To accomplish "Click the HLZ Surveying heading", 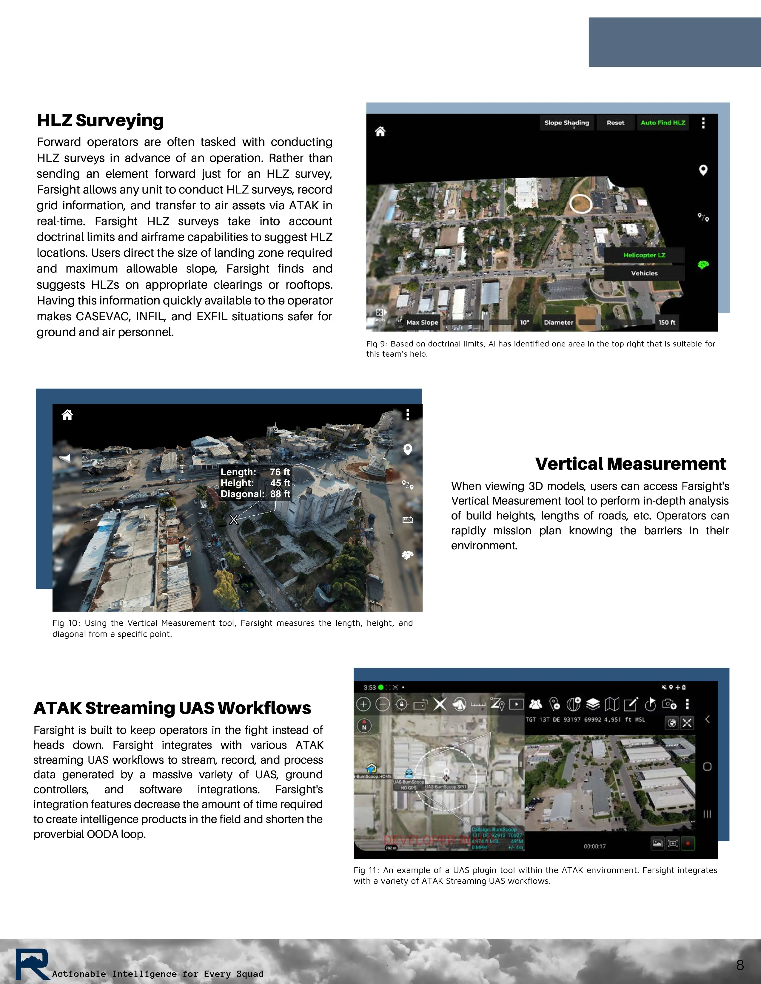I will (x=100, y=120).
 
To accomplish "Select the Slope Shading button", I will (x=567, y=123).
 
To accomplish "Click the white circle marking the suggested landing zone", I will (x=581, y=204).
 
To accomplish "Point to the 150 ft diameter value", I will (x=666, y=322).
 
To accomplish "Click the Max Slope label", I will (x=422, y=322).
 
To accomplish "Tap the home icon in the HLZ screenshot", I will (x=380, y=131).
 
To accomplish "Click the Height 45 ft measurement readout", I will (x=255, y=483).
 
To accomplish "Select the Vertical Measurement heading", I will (x=630, y=464).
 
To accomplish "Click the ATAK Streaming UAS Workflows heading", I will (x=172, y=708).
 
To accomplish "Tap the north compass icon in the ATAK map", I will (x=364, y=725).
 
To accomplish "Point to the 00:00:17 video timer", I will (x=595, y=846).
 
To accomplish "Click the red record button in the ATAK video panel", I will (x=688, y=843).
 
